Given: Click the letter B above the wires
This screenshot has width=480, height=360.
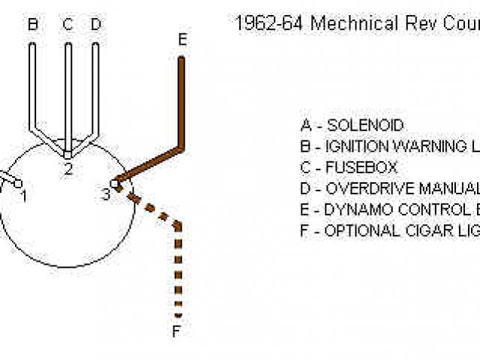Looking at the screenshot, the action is pos(33,25).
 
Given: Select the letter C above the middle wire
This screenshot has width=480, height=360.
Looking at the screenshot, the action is pos(67,25).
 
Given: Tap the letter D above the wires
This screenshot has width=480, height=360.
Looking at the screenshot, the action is pos(95,25).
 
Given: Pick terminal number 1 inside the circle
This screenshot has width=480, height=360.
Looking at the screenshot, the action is pos(24,196).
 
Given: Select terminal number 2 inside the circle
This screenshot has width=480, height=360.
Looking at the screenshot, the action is pos(68,169).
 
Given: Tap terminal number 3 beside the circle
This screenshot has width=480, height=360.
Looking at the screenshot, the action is pos(106,194).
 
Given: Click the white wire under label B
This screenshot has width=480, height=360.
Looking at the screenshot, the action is pos(32,82).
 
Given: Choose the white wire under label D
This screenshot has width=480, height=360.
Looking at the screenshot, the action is pos(95,82).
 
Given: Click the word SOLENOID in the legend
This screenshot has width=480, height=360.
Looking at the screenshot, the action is pos(365,125).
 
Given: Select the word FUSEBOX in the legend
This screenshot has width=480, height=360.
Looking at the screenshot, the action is pos(361,167).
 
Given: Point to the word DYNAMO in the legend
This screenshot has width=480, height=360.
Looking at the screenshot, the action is pos(354,209).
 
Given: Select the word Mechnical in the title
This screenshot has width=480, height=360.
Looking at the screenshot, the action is pos(355,23).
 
